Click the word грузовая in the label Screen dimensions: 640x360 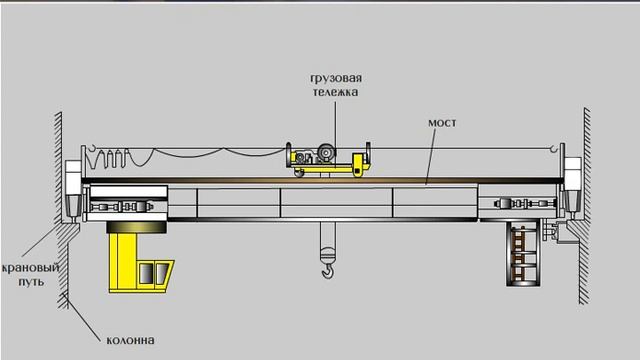coord(336,78)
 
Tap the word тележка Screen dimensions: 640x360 coord(336,92)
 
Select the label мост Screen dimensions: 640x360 coord(442,123)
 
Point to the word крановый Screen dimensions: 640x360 coord(31,269)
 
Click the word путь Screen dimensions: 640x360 coord(31,282)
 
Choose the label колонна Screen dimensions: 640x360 coord(130,340)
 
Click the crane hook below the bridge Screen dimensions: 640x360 coord(327,271)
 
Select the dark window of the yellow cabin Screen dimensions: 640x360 coord(146,273)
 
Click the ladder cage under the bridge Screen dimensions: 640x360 coord(524,254)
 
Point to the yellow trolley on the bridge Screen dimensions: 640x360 coord(329,160)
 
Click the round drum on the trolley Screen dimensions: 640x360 coord(326,152)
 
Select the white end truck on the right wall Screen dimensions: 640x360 coord(572,186)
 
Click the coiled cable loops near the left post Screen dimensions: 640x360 coord(108,158)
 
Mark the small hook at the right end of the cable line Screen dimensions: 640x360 coord(553,149)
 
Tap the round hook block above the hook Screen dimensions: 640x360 coord(328,256)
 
